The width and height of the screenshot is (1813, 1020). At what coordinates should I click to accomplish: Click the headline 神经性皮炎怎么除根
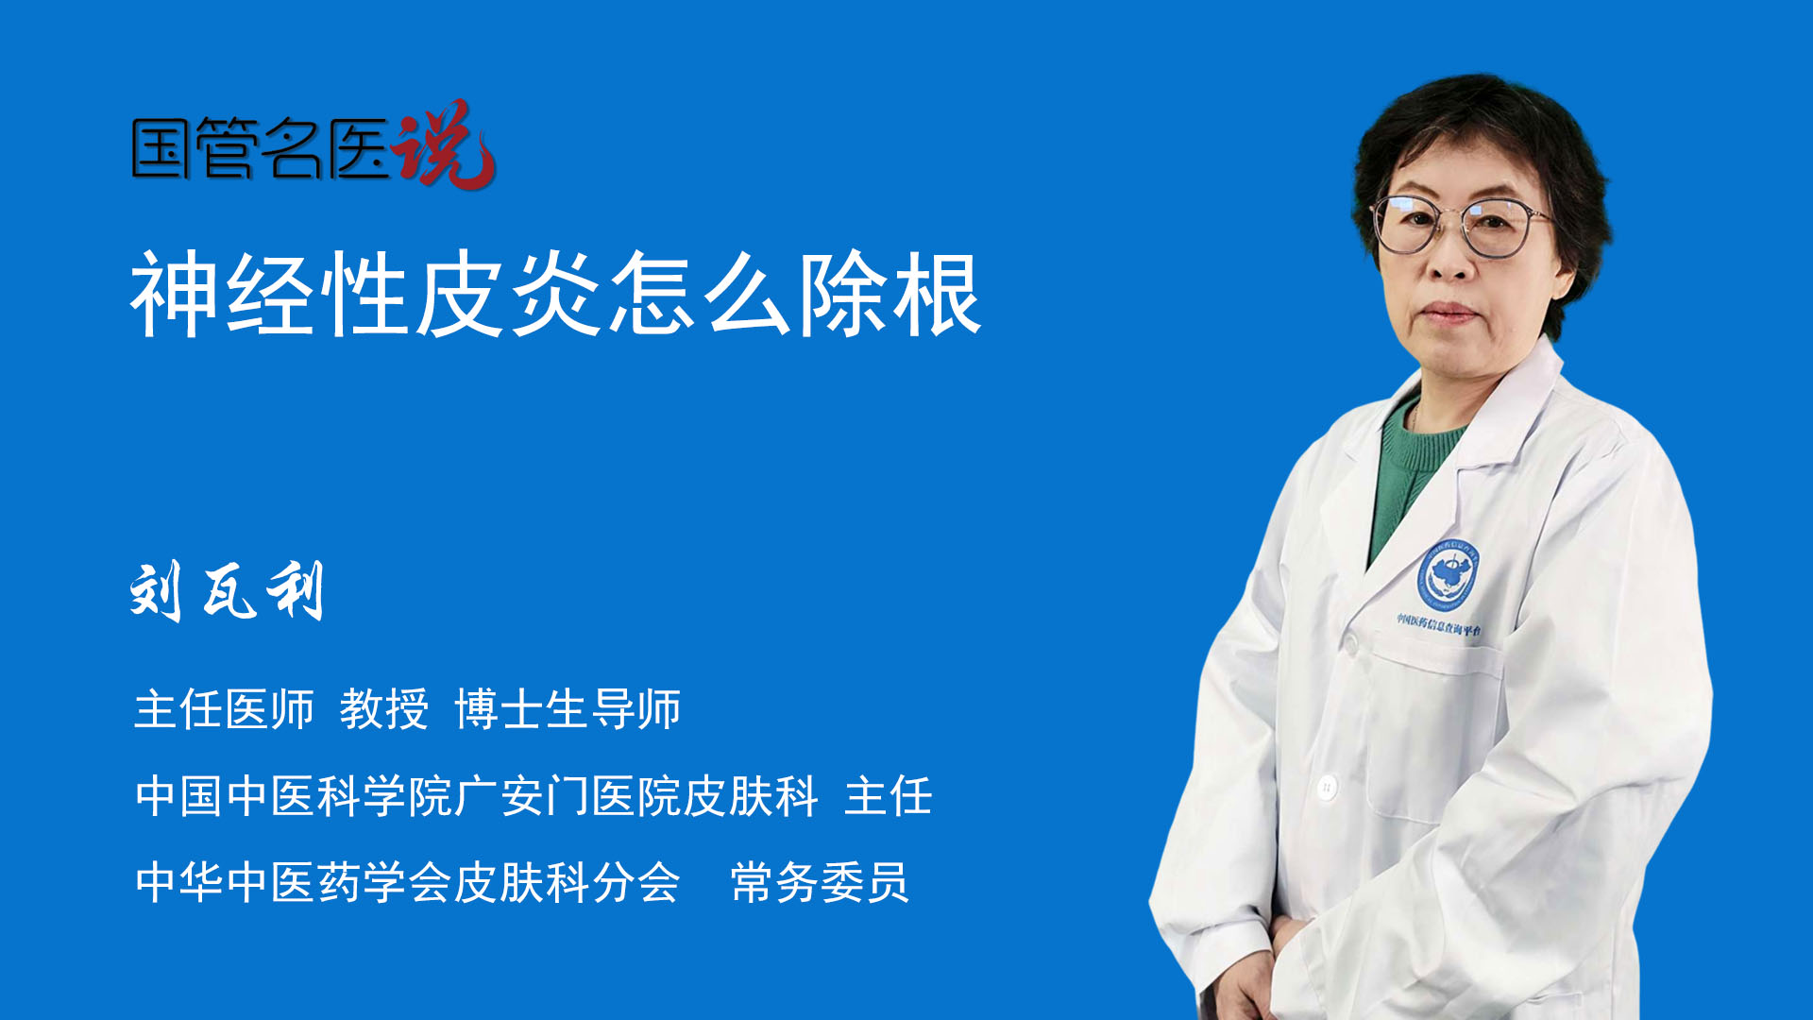click(x=557, y=294)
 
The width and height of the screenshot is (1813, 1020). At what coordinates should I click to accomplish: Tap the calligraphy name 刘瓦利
click(x=228, y=590)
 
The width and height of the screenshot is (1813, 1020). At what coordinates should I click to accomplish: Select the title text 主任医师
click(x=224, y=709)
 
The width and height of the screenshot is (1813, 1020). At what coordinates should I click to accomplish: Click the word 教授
click(x=384, y=709)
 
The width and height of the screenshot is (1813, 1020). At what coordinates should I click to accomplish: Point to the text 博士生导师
click(x=568, y=709)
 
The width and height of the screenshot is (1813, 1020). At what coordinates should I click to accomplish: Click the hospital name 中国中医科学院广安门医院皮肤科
click(x=477, y=795)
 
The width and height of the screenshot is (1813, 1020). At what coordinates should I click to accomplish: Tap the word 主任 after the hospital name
click(x=889, y=795)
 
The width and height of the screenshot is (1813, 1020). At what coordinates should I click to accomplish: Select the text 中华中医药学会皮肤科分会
click(x=408, y=882)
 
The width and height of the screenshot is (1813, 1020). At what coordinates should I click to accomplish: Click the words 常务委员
click(x=820, y=882)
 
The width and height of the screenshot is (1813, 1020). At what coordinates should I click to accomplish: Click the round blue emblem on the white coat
click(x=1448, y=574)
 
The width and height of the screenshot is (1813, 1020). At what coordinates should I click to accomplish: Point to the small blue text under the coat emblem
click(x=1439, y=624)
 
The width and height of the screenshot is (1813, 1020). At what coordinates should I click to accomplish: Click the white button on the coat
click(x=1327, y=786)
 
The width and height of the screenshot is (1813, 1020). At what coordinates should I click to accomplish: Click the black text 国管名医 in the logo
click(x=261, y=148)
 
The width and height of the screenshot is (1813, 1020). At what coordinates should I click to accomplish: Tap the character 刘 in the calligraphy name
click(x=156, y=590)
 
